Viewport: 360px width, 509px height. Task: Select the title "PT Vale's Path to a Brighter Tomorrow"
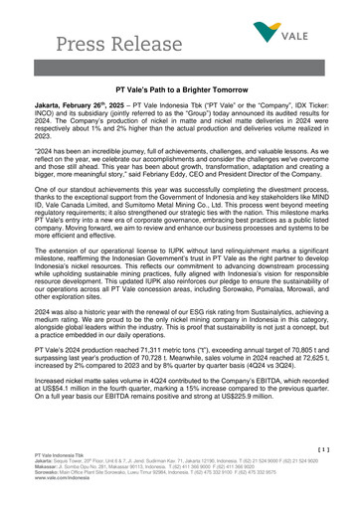pos(179,89)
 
